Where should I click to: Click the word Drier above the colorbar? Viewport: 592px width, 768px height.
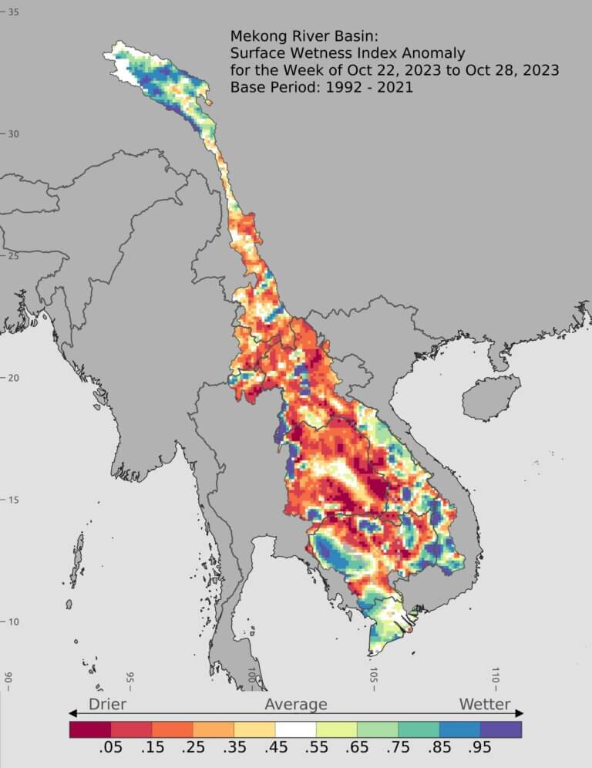107,704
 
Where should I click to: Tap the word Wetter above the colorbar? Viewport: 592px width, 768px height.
485,704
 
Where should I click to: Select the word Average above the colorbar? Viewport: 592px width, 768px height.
296,704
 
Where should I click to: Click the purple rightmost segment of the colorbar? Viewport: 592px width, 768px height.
501,729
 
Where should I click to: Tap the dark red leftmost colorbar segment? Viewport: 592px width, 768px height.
90,729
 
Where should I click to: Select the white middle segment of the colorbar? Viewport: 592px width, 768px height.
296,729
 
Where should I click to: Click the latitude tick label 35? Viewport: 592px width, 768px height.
14,12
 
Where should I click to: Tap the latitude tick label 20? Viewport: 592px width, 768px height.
14,378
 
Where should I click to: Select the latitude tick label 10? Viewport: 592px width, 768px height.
14,622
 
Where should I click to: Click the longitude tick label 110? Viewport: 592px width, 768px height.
495,677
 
